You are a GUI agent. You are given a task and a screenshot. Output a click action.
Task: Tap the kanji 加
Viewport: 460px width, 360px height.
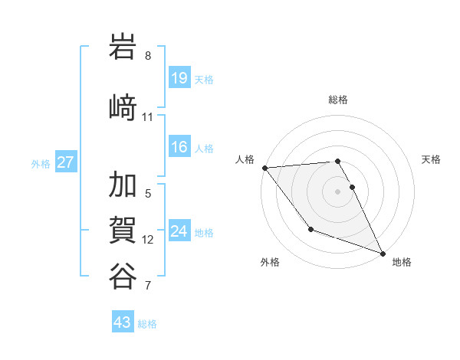pyautogui.click(x=123, y=186)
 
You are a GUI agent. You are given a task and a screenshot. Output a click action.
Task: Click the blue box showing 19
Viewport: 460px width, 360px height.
pyautogui.click(x=179, y=78)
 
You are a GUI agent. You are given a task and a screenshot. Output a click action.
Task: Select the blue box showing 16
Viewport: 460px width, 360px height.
pyautogui.click(x=179, y=147)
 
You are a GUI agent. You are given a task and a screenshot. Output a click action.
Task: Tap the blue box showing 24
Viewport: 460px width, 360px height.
pyautogui.click(x=179, y=231)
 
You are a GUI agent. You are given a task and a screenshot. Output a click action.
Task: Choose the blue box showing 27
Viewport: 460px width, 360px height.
pyautogui.click(x=65, y=162)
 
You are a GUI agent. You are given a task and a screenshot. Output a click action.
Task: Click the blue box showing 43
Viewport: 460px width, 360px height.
pyautogui.click(x=123, y=322)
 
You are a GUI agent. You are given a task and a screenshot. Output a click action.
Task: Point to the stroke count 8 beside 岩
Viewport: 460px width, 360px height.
pyautogui.click(x=148, y=56)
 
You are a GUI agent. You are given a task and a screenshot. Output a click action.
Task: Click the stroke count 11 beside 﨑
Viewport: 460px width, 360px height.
pyautogui.click(x=148, y=117)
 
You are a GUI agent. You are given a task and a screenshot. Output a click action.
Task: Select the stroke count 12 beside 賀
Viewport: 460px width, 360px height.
pyautogui.click(x=148, y=240)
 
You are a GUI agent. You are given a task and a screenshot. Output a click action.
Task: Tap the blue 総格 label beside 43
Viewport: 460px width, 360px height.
pyautogui.click(x=147, y=324)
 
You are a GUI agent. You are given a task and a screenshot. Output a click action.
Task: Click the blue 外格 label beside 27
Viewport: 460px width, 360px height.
pyautogui.click(x=41, y=164)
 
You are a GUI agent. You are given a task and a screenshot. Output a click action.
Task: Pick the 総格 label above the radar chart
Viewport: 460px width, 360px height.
pyautogui.click(x=338, y=100)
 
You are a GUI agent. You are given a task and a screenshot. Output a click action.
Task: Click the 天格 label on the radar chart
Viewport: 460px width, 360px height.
pyautogui.click(x=432, y=159)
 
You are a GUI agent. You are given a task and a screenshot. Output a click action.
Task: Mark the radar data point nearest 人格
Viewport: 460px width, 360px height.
pyautogui.click(x=264, y=168)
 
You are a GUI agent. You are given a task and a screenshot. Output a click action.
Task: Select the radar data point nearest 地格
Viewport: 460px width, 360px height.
pyautogui.click(x=383, y=253)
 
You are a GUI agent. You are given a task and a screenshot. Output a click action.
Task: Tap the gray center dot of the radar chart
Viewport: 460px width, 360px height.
pyautogui.click(x=338, y=191)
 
